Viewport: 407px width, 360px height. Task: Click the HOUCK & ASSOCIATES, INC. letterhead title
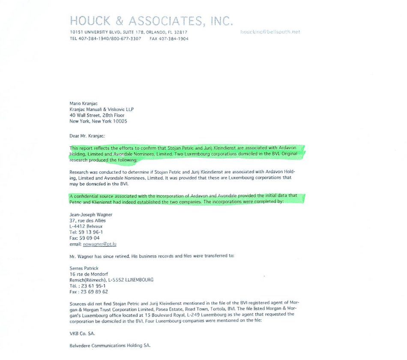pyautogui.click(x=151, y=21)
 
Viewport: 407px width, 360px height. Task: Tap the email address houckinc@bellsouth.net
pyautogui.click(x=270, y=32)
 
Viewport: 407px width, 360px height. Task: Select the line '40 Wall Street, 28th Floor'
pyautogui.click(x=97, y=115)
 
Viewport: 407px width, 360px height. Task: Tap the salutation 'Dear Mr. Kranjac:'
pyautogui.click(x=87, y=136)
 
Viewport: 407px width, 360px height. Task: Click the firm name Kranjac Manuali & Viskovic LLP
pyautogui.click(x=102, y=109)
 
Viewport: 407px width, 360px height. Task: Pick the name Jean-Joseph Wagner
pyautogui.click(x=91, y=214)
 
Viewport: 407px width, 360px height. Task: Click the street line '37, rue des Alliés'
pyautogui.click(x=87, y=220)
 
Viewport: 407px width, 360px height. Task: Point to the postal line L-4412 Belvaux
pyautogui.click(x=86, y=226)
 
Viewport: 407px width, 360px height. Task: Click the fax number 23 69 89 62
pyautogui.click(x=94, y=292)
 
